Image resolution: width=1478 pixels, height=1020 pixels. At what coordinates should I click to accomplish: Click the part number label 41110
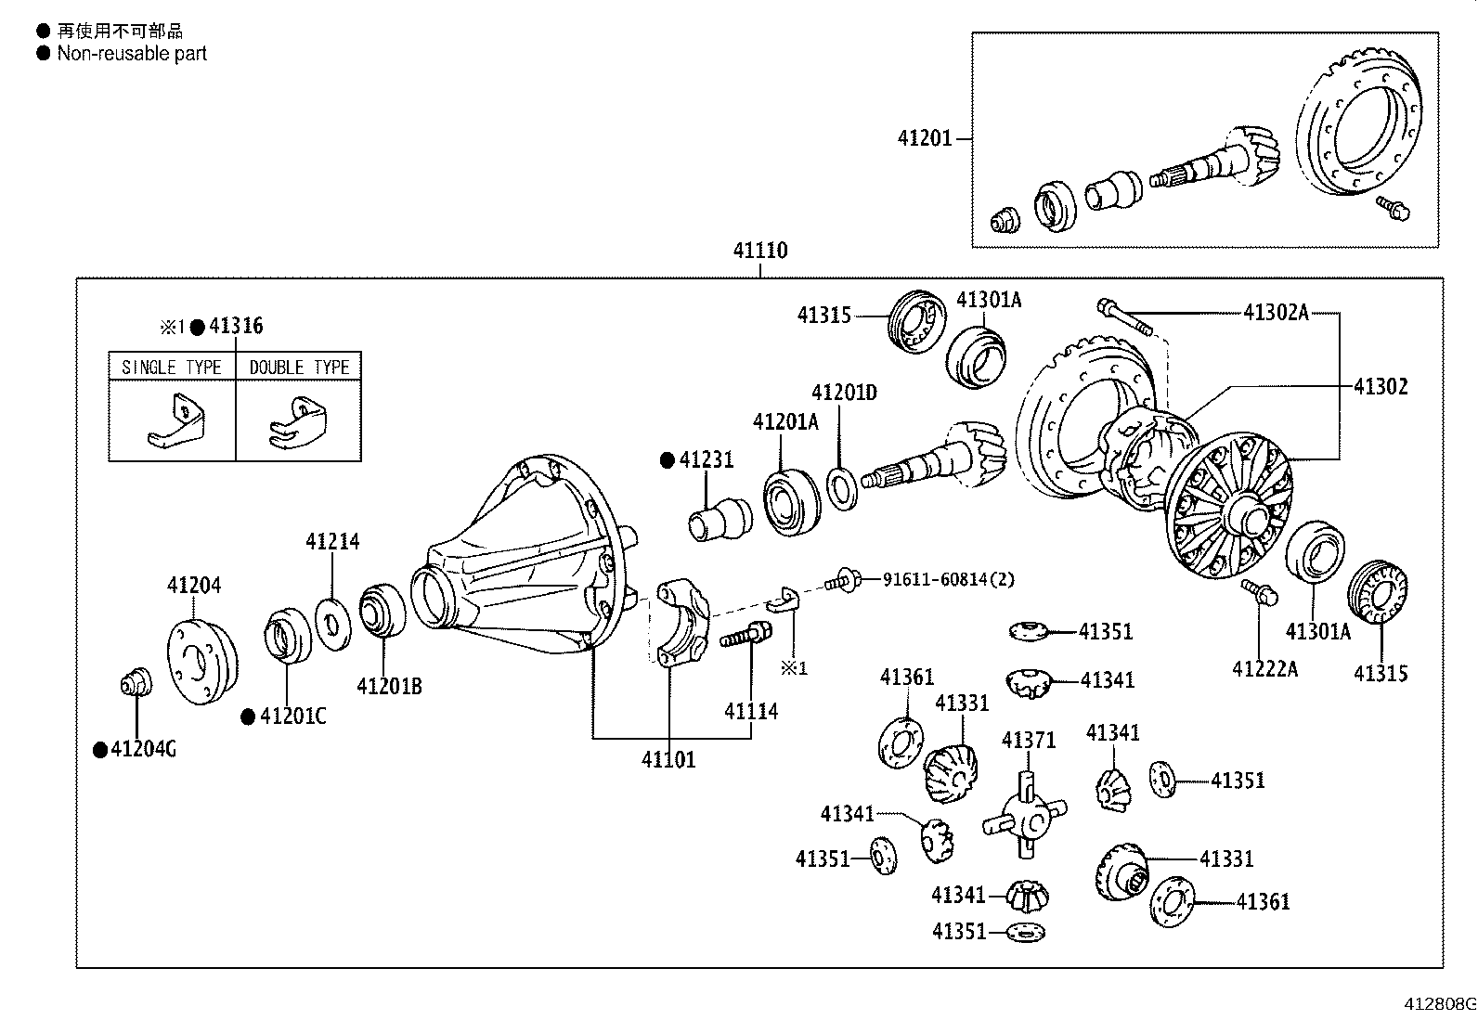pos(759,251)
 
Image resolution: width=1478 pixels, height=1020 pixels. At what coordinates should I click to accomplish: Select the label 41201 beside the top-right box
pos(925,138)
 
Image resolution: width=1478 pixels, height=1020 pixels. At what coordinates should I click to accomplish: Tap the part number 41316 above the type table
pos(236,326)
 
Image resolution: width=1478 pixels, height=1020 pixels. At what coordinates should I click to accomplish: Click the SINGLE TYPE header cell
pos(172,367)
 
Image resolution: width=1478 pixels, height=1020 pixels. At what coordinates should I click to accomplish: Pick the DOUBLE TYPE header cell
pos(299,367)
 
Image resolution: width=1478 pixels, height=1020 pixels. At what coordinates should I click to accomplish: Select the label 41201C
pos(293,716)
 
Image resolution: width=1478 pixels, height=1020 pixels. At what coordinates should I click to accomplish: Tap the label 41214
pos(332,541)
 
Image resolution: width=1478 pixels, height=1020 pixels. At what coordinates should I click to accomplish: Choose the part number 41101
pos(668,760)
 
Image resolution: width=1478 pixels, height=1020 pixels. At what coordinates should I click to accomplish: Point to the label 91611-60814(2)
pos(948,579)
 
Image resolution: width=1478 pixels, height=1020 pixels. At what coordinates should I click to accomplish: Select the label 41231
pos(706,459)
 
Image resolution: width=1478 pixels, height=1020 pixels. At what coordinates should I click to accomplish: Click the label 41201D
pos(844,393)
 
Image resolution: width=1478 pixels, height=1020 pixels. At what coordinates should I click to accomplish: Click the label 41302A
pos(1276,313)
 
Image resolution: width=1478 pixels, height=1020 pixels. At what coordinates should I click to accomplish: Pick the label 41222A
pos(1265,668)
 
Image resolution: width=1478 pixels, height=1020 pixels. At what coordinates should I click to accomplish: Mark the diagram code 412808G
pos(1438,1003)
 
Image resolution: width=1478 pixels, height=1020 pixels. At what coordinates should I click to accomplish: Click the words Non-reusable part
pos(132,53)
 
